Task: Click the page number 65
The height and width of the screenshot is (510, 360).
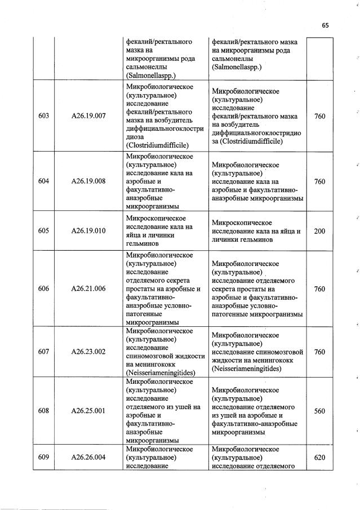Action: [x=325, y=25]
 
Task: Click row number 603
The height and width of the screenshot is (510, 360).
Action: [x=43, y=116]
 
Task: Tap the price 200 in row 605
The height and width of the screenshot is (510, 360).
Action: [x=319, y=231]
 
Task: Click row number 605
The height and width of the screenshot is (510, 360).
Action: [x=43, y=230]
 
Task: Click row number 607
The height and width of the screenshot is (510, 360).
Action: [x=43, y=352]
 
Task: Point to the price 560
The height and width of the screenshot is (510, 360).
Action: [x=319, y=411]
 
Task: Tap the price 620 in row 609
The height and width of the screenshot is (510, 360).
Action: [x=319, y=458]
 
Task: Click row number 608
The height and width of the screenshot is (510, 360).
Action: [x=43, y=411]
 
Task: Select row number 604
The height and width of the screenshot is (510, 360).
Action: [x=43, y=181]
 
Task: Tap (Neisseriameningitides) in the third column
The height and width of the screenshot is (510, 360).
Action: [x=161, y=372]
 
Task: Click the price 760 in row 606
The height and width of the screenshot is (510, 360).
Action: [x=319, y=289]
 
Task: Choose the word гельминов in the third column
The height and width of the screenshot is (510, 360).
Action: [x=144, y=244]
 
